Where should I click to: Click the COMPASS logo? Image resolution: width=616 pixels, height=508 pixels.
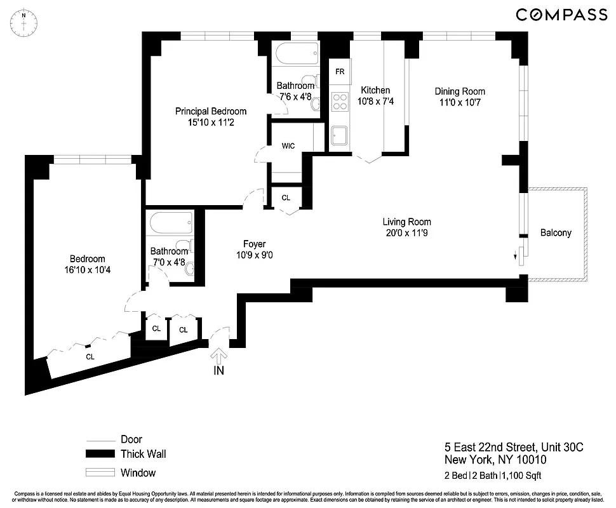pos(561,15)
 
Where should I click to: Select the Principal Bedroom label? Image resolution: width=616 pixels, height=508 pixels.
pos(211,112)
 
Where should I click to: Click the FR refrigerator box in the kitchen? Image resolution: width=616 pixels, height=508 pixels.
pos(340,72)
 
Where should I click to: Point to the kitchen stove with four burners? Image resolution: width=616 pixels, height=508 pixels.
pos(340,102)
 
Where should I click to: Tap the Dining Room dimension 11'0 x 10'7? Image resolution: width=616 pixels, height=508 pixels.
pos(460,102)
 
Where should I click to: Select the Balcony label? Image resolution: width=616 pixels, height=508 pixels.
pos(556,233)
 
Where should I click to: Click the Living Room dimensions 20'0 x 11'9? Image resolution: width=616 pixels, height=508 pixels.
pos(406,233)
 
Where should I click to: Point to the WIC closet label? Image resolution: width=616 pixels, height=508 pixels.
pos(288,146)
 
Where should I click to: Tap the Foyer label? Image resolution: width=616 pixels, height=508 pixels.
pos(254,244)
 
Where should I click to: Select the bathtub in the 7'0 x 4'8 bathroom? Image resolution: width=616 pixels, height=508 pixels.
pos(172,224)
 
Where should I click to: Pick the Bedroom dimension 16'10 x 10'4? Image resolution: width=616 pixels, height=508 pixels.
pos(88,270)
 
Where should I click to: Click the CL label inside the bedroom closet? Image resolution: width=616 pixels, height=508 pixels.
pos(90,357)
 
